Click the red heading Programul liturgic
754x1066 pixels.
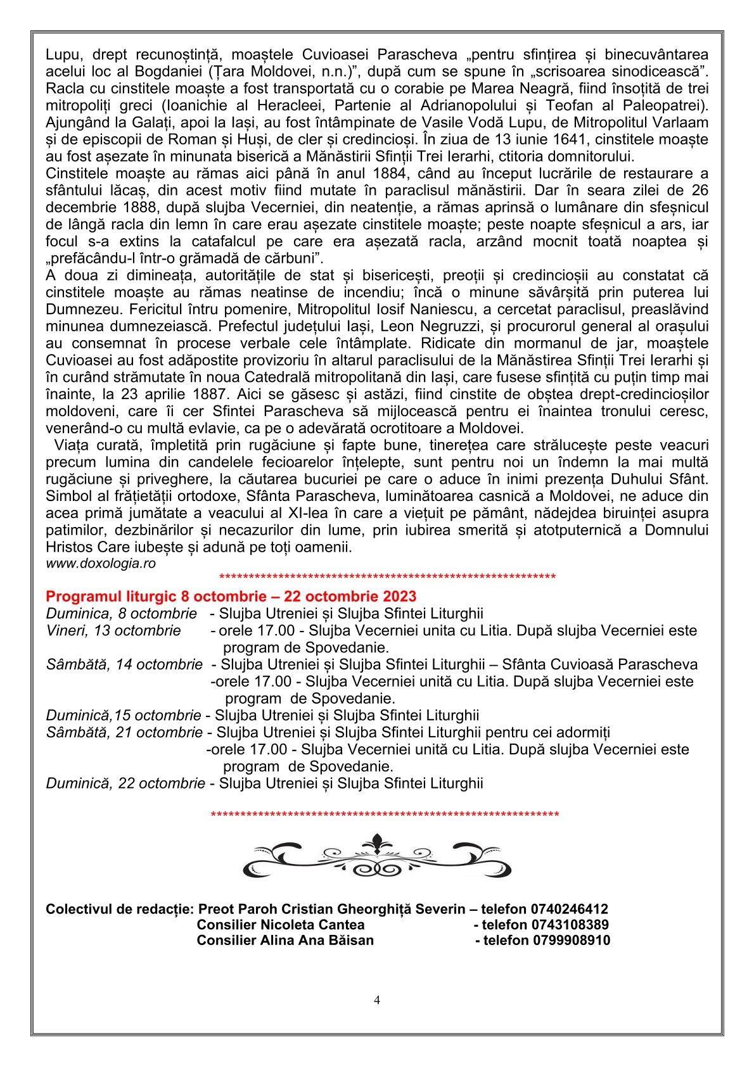tap(231, 597)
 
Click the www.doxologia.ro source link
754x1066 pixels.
tap(101, 562)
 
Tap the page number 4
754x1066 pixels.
tap(377, 1000)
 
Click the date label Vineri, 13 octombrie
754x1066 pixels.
tap(113, 631)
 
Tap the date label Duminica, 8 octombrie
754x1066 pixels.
tap(121, 614)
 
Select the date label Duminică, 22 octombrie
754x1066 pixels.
tap(125, 784)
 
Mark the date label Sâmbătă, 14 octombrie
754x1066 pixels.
tap(124, 664)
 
